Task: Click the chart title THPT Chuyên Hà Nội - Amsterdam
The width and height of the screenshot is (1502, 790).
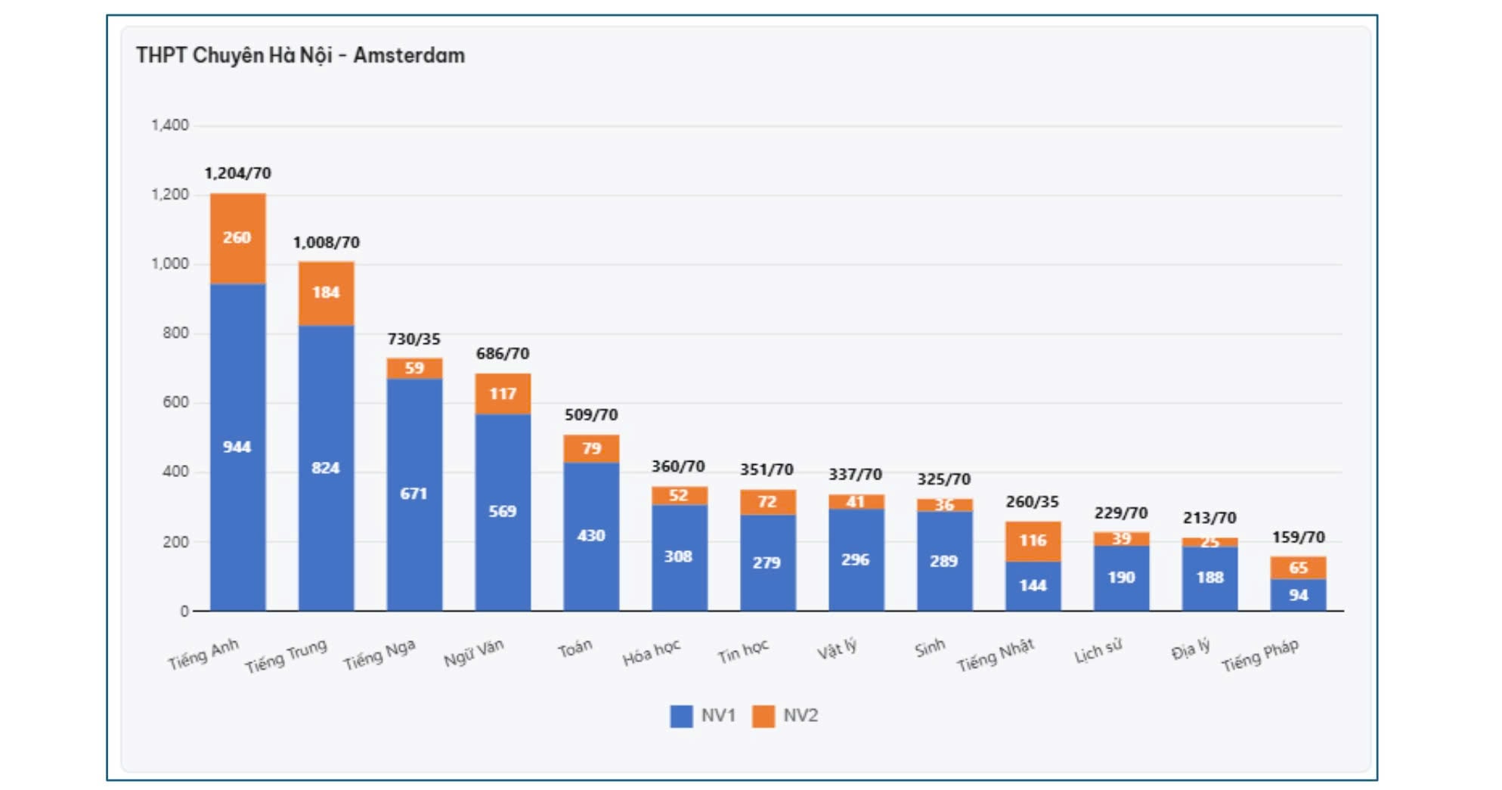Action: tap(300, 55)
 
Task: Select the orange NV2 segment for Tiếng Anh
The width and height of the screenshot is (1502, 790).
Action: tap(237, 238)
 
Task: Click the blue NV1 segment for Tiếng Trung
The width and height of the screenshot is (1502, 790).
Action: tap(326, 467)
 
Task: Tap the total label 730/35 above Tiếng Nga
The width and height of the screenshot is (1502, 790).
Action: tap(413, 339)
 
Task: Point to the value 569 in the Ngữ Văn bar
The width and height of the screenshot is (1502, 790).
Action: tap(502, 511)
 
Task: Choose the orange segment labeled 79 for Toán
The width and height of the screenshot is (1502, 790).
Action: tap(591, 448)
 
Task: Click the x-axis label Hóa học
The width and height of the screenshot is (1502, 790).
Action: tap(652, 652)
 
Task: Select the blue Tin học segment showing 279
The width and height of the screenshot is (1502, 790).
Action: tap(766, 562)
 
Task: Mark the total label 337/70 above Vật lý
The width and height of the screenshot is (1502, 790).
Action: tap(855, 474)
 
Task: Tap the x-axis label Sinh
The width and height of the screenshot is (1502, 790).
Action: tap(930, 649)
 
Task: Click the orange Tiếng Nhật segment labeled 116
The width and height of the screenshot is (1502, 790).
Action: tap(1033, 541)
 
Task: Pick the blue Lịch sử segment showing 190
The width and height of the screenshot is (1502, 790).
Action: tap(1121, 577)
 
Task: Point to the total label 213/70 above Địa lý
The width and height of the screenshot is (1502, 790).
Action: tap(1209, 518)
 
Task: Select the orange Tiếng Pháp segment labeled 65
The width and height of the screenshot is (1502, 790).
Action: tap(1298, 568)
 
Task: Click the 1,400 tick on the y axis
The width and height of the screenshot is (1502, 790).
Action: tap(170, 125)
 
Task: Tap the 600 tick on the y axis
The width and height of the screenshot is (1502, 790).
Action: tap(175, 402)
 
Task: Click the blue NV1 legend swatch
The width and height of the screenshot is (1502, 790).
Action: tap(681, 716)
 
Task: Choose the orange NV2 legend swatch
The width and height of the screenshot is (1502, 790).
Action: tap(763, 716)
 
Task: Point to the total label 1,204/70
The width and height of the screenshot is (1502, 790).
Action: tap(237, 173)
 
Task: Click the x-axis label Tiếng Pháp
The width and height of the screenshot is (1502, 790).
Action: tap(1260, 655)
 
